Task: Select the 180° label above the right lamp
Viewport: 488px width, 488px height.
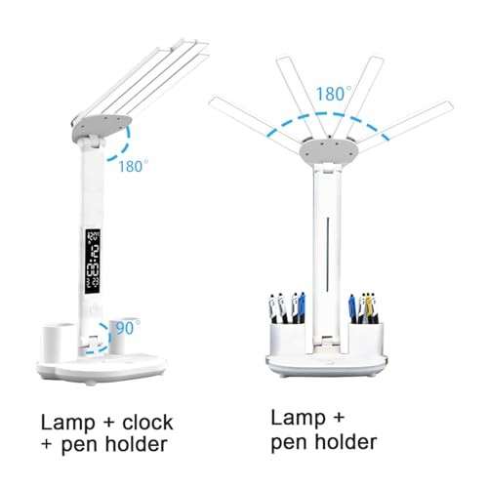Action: tap(332, 95)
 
